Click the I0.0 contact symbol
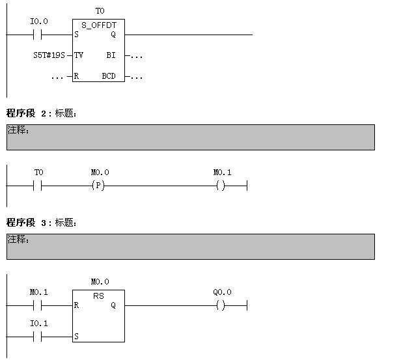tap(38, 35)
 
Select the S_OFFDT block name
tap(99, 25)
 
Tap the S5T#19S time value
tap(49, 55)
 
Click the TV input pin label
tap(79, 55)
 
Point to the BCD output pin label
tap(109, 76)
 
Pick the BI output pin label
tap(111, 55)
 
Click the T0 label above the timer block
tap(100, 11)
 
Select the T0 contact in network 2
tap(38, 186)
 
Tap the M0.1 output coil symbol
tap(222, 186)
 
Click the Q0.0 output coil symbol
tap(222, 305)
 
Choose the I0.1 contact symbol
tap(38, 337)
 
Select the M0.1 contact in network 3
tap(38, 305)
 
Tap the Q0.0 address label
tap(222, 292)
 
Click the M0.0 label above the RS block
tap(100, 282)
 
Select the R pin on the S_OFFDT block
tap(77, 76)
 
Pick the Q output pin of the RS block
tap(113, 305)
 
